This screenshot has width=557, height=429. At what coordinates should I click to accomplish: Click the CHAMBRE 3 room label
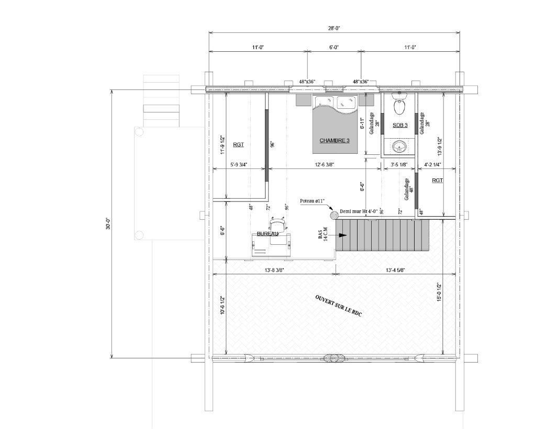coord(335,140)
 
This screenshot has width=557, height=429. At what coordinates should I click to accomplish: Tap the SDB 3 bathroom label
coord(400,125)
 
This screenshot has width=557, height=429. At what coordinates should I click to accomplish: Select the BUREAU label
coord(268,234)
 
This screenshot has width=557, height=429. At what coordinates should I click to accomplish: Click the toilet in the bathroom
coord(399,104)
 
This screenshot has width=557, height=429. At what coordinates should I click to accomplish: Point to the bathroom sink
coord(400,145)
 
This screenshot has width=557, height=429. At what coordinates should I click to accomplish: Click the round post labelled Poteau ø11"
coord(334,214)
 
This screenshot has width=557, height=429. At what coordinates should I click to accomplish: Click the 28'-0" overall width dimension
coord(334,28)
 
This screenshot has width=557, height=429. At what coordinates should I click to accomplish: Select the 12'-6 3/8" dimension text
coord(325,164)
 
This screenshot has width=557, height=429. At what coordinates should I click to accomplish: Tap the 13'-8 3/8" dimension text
coord(274,270)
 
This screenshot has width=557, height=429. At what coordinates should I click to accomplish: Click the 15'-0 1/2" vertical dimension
coord(439,292)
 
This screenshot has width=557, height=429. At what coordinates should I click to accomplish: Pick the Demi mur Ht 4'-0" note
coord(359,211)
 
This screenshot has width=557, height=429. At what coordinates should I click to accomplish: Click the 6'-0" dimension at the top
coord(334,47)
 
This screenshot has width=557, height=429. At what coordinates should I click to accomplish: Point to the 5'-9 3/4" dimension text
coord(239,164)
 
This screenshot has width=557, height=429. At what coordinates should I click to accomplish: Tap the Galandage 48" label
coord(409,189)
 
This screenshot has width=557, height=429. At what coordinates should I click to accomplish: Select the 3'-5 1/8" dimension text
coord(399,164)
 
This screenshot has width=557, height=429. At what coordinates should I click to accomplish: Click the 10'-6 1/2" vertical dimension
coord(222,306)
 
